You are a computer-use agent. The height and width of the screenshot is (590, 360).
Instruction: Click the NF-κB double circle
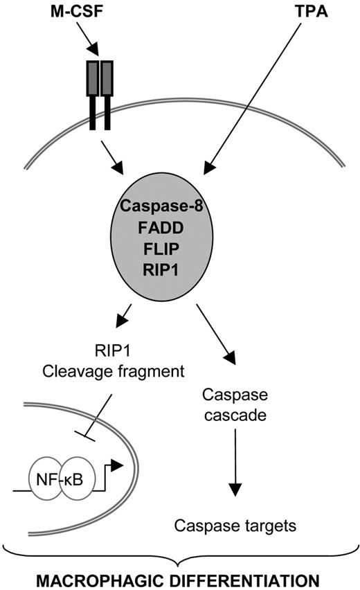coord(63,478)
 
